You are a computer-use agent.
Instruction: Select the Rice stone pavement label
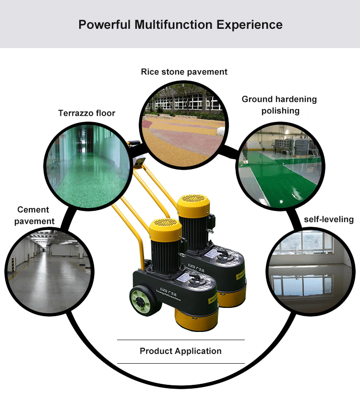[x=184, y=72]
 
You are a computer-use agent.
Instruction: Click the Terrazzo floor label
[x=87, y=113]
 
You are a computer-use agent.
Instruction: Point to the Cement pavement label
[x=34, y=215]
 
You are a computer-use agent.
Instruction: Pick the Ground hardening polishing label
[x=279, y=105]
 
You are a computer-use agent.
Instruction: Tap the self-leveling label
[x=329, y=220]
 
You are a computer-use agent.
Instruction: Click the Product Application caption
[x=180, y=351]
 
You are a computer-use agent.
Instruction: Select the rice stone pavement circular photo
[x=184, y=123]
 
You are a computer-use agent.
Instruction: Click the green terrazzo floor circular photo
[x=86, y=166]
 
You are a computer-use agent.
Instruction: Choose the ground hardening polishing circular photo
[x=279, y=166]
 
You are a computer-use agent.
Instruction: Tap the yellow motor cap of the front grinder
[x=166, y=230]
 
